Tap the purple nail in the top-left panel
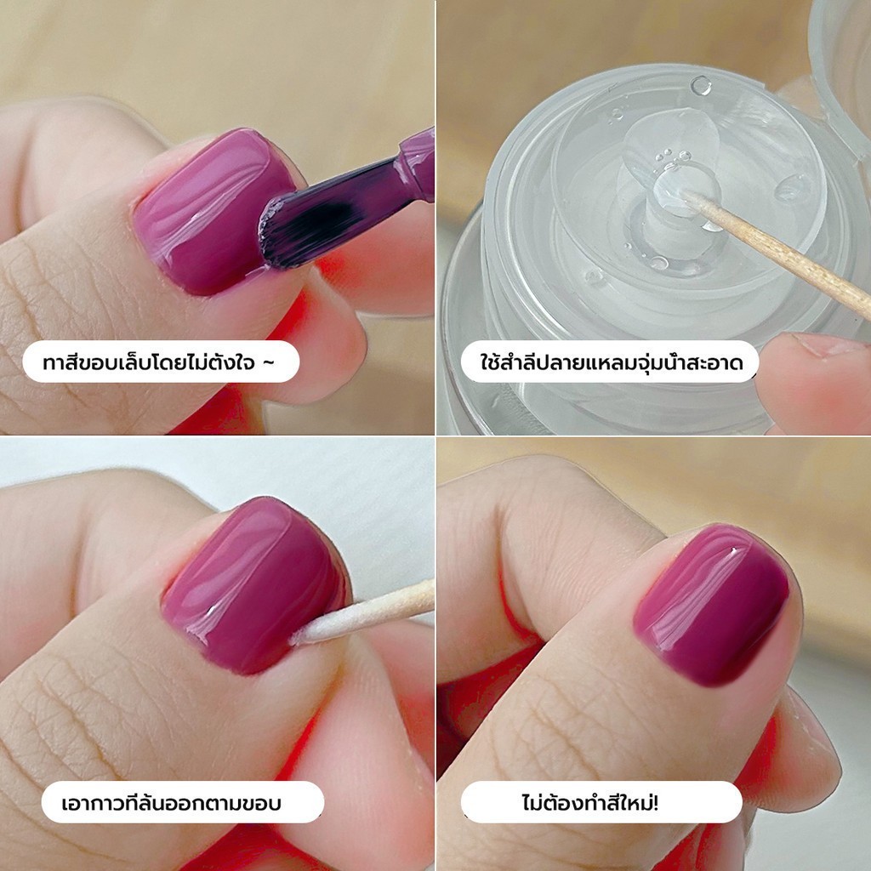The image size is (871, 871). click(x=213, y=211)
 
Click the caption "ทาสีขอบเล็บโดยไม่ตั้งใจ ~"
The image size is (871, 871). click(x=159, y=362)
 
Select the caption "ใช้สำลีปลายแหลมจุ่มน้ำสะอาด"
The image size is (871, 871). click(x=611, y=362)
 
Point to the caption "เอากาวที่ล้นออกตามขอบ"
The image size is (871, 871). click(x=171, y=803)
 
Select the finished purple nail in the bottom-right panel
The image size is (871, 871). click(x=711, y=606)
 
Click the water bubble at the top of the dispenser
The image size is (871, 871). click(x=701, y=86)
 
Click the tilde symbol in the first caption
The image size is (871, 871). click(x=268, y=363)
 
